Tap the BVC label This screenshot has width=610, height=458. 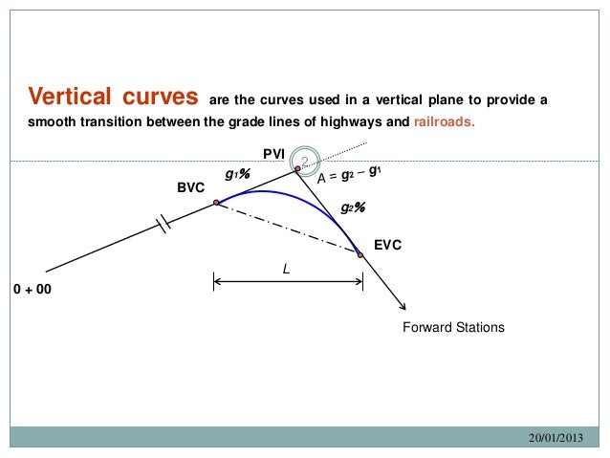[x=191, y=188]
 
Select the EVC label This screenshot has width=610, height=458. [x=387, y=246]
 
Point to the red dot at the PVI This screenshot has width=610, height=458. [x=297, y=169]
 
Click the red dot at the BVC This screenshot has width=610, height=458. [x=217, y=203]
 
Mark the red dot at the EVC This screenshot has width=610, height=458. [x=360, y=254]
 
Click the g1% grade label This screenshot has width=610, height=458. [x=237, y=175]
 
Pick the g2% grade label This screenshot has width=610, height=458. [x=353, y=207]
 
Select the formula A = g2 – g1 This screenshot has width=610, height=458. [x=351, y=176]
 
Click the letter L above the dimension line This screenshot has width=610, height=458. [x=285, y=271]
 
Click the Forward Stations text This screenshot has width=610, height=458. [x=453, y=327]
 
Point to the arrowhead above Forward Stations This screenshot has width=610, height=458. [x=404, y=307]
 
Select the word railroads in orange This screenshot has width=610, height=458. [x=443, y=122]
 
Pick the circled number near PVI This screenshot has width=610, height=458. [x=304, y=160]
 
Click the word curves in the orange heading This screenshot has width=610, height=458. [x=161, y=98]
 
